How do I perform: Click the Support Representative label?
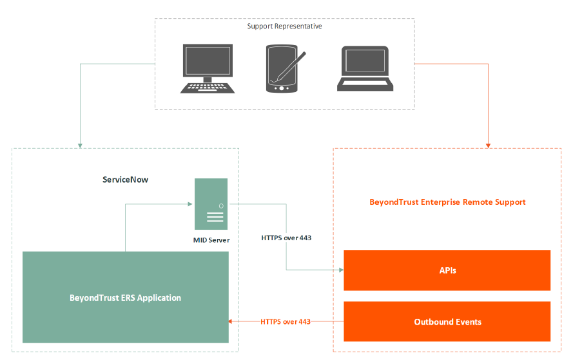tap(284, 26)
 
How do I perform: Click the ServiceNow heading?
tap(125, 180)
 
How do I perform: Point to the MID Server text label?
tap(211, 240)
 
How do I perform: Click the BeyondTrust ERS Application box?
tap(126, 298)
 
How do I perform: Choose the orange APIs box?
tap(447, 270)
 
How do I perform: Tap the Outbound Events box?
tap(447, 321)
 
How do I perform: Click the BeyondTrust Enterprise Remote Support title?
tap(447, 202)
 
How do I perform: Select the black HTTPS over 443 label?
tap(286, 238)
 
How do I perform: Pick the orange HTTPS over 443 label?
tap(286, 321)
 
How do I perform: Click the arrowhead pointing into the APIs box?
tap(340, 270)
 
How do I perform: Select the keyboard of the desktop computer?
tap(207, 87)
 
